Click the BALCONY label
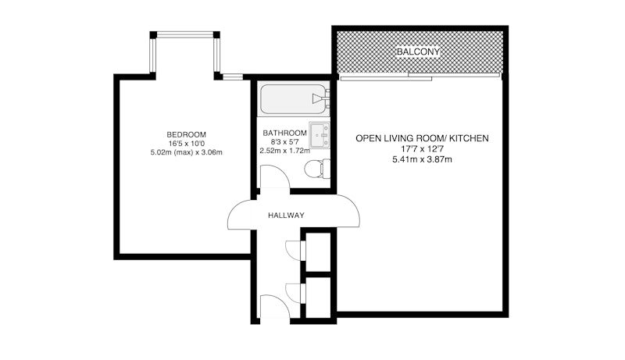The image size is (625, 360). [418, 52]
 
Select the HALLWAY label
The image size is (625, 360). [286, 216]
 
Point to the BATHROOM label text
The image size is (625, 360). [284, 133]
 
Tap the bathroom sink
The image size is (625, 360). [320, 135]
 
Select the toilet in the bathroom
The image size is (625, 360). [318, 169]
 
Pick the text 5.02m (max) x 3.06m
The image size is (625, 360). [186, 152]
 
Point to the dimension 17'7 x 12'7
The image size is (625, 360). [422, 149]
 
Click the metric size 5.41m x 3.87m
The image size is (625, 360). [422, 159]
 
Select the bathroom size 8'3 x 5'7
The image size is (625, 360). [284, 142]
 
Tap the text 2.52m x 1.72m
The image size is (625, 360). [284, 151]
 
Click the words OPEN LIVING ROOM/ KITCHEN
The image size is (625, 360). [422, 138]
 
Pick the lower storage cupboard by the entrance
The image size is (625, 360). [318, 298]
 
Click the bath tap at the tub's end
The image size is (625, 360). [321, 98]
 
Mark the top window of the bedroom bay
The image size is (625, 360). [184, 35]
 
